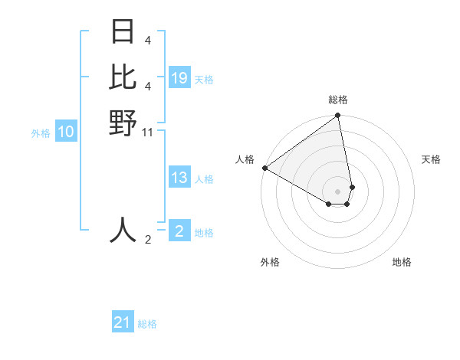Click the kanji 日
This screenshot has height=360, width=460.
point(123,32)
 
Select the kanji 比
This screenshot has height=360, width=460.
point(123,77)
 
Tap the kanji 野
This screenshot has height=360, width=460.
point(123,122)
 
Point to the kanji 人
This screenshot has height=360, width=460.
point(123,229)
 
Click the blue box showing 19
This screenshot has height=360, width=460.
point(179,78)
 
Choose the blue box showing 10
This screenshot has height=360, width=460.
point(66,132)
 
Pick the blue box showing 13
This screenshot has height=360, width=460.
point(179,178)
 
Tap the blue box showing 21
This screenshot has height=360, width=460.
point(123,322)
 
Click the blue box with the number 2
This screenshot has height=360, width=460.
point(179,231)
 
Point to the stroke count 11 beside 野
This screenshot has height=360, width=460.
point(148,133)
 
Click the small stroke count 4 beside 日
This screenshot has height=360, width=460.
point(147,40)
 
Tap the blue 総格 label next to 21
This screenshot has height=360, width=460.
point(147,324)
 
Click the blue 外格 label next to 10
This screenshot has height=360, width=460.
point(41,133)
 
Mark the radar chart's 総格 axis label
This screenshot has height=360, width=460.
point(338,100)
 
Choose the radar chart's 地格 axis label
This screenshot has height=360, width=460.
point(402,262)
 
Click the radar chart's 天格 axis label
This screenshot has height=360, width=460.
point(431,159)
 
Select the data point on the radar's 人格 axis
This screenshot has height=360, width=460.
point(264,168)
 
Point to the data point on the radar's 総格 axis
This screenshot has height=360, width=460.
point(338,116)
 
